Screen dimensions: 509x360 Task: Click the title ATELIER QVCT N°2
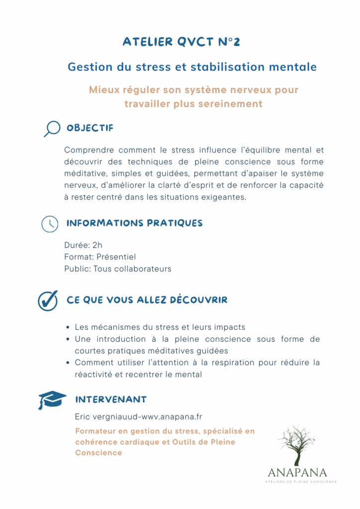pos(181,42)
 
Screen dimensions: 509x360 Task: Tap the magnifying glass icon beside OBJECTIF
pos(51,129)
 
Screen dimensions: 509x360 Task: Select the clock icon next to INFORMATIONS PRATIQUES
pos(49,224)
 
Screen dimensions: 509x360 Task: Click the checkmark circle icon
pos(48,300)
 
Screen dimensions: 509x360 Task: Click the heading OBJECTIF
pos(90,128)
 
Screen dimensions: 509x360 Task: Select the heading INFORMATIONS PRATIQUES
pos(134,223)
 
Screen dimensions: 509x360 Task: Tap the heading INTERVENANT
pos(110,400)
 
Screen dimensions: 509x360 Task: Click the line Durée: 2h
pos(83,245)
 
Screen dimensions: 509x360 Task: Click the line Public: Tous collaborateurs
pos(117,269)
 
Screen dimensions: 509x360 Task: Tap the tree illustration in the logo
pos(297,445)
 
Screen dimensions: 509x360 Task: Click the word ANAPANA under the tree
pos(297,472)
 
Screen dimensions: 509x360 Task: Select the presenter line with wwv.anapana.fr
pos(138,417)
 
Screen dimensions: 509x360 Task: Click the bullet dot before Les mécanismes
pos(68,328)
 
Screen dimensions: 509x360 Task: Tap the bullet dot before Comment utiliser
pos(68,363)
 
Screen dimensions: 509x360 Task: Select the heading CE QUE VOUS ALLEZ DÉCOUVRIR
pos(147,300)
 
